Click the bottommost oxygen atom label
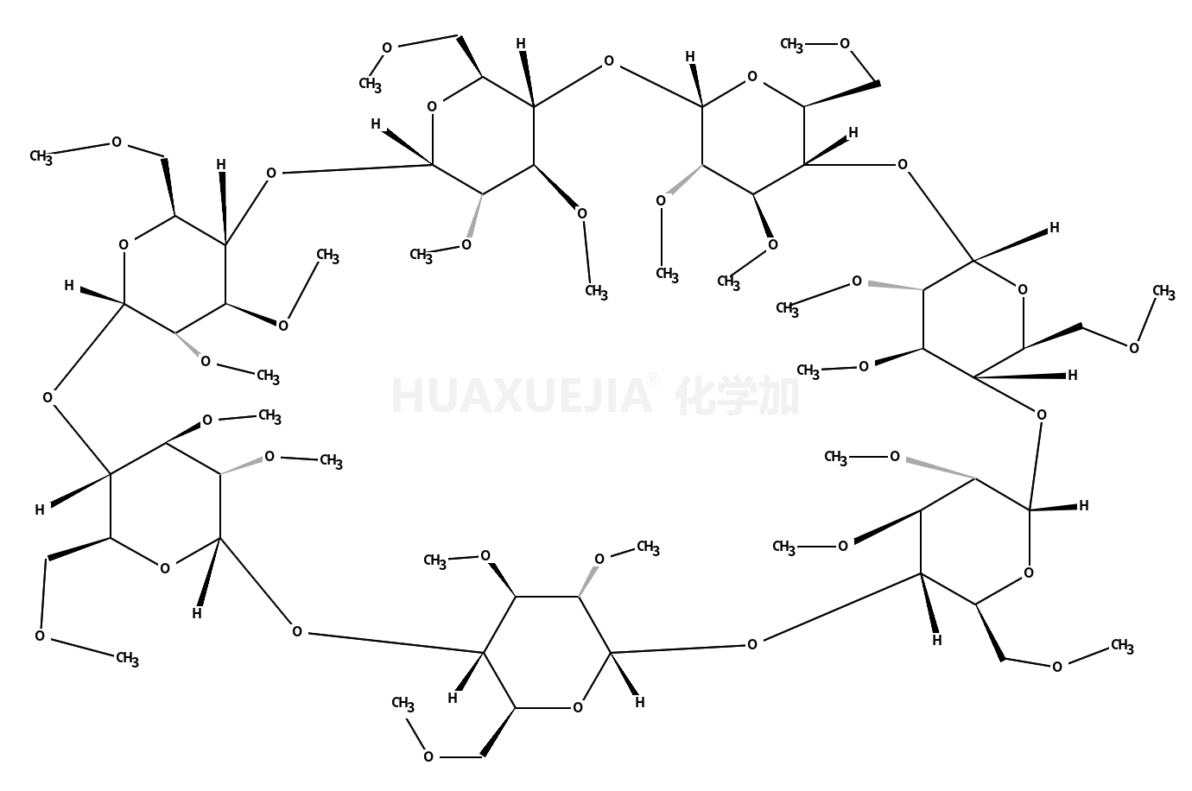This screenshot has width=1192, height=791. pos(428,757)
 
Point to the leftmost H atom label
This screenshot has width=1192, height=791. pos(40,510)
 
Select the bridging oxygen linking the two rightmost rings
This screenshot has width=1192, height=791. pos(1040,415)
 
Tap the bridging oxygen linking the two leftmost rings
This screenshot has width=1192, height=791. pos(48,398)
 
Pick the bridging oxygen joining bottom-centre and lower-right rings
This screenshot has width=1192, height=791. pos(753,643)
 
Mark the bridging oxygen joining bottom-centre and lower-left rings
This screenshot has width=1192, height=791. pos(297,631)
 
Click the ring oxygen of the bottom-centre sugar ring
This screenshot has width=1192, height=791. pos(577,708)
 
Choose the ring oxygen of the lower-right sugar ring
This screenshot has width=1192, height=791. pos(1027,572)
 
